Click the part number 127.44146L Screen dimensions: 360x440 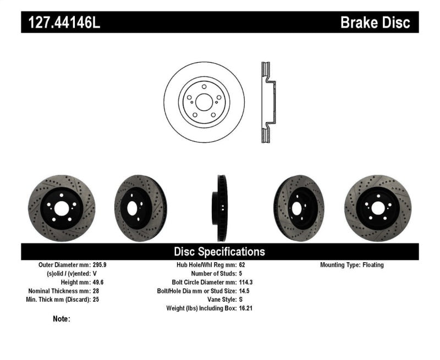point(61,23)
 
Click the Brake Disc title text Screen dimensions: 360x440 point(375,23)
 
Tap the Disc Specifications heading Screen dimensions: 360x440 point(219,252)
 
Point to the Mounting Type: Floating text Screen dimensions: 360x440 point(352,264)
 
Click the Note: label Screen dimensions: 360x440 point(62,319)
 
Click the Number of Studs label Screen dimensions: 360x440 point(213,273)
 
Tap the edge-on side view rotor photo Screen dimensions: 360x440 point(221,208)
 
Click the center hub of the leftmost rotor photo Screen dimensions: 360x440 point(61,208)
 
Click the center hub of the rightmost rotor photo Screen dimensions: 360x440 point(378,208)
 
